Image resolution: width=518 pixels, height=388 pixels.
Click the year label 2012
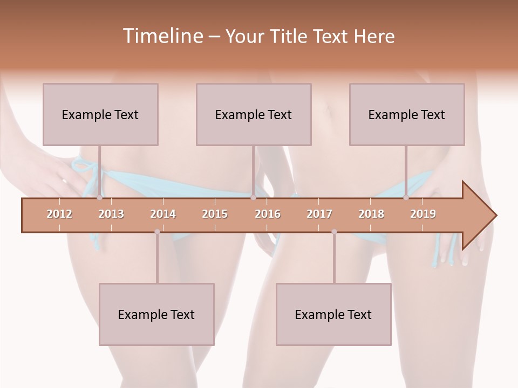click(59, 214)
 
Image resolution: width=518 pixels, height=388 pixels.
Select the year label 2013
click(111, 214)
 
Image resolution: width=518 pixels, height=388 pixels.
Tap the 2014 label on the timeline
click(163, 214)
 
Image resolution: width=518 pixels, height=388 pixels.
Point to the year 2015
click(215, 214)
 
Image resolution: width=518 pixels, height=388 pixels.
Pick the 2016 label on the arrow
click(268, 214)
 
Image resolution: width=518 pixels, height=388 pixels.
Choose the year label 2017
click(319, 214)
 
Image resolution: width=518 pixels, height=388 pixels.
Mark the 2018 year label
click(371, 214)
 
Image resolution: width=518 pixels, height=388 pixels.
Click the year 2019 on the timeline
click(423, 214)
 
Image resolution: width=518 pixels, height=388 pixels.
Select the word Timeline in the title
click(162, 36)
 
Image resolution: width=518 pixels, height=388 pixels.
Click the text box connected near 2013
click(100, 114)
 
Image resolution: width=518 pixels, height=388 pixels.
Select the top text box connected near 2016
click(254, 114)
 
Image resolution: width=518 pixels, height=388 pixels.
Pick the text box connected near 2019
click(407, 114)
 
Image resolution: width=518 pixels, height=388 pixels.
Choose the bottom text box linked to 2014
click(156, 314)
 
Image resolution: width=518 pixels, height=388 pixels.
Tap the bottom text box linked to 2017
click(333, 314)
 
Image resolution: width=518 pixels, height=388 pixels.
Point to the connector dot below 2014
click(157, 232)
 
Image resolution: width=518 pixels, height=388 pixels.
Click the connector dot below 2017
click(334, 232)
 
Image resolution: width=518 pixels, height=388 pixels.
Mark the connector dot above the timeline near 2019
click(406, 198)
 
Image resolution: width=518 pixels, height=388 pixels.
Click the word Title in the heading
click(291, 36)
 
